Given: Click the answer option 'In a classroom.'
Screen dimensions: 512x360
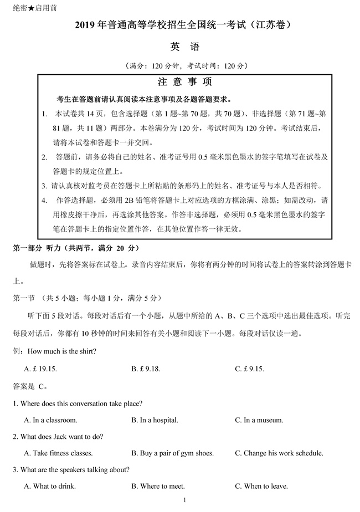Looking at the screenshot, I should point(51,420).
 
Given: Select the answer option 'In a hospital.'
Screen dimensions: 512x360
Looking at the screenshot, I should point(155,420).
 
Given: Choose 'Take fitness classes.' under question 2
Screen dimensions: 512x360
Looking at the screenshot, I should point(58,453).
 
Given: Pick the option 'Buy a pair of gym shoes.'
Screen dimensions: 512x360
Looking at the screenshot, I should point(172,453).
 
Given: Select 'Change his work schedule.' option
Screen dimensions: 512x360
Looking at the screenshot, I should point(279,453).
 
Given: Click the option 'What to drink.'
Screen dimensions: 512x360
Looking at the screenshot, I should point(50,487).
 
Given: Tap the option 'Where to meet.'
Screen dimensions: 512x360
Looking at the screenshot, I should point(158,487).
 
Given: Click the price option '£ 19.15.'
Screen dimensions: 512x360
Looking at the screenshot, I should point(44,368).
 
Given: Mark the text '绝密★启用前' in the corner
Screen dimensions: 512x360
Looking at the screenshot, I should point(34,8).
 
